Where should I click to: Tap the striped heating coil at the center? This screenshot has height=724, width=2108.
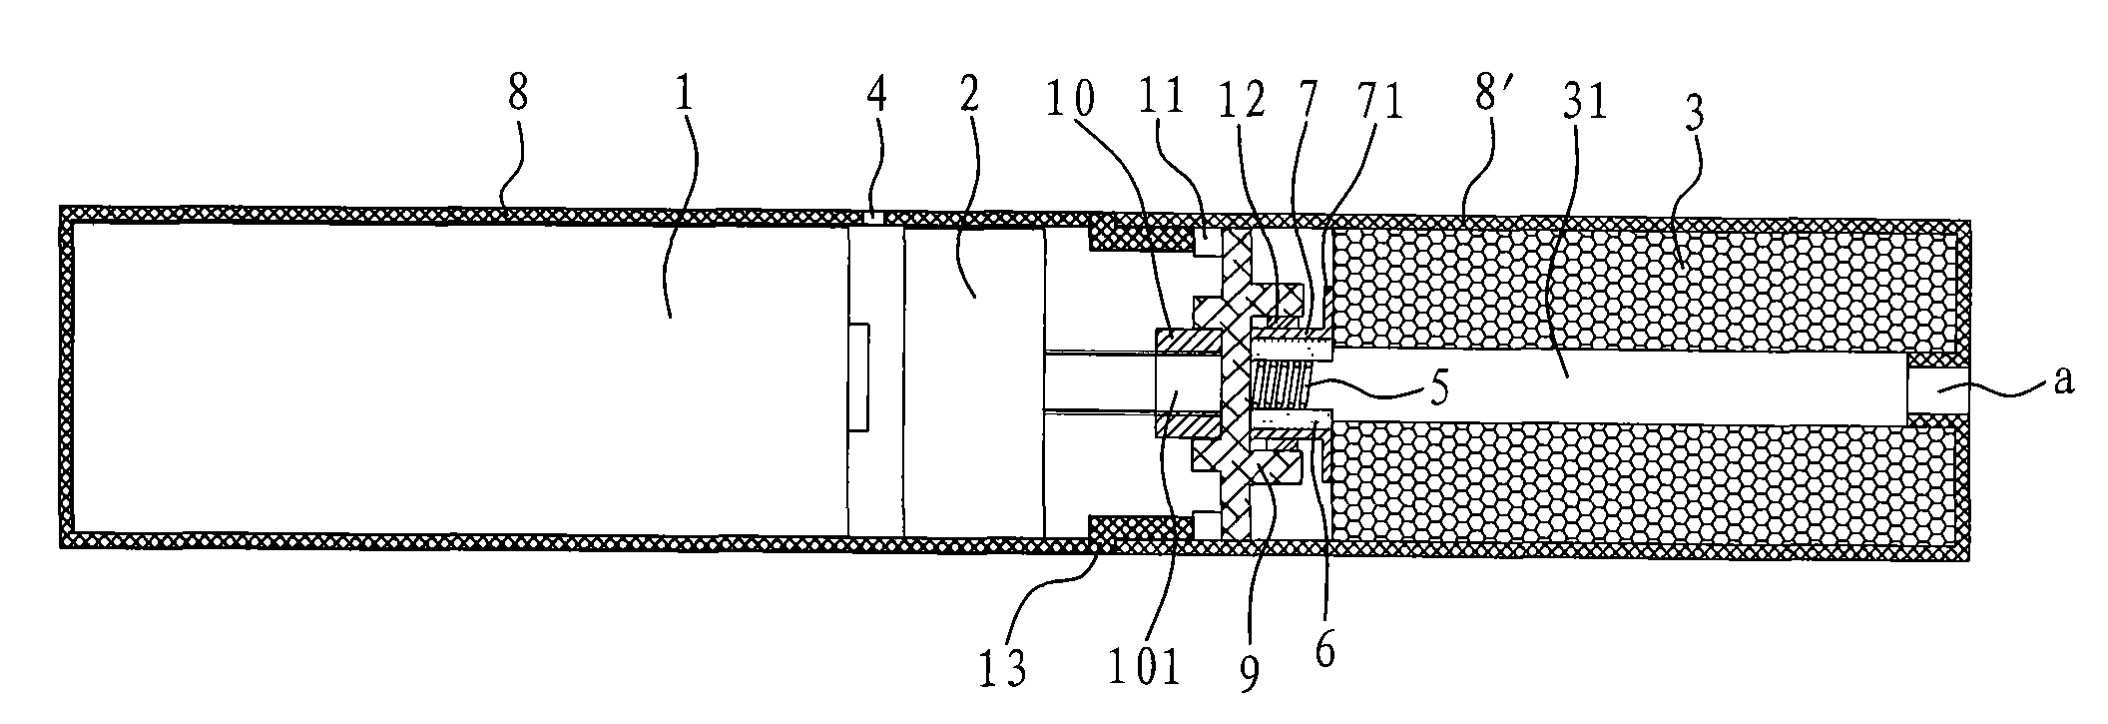pos(1282,388)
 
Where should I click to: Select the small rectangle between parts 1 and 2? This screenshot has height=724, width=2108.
pos(856,376)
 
